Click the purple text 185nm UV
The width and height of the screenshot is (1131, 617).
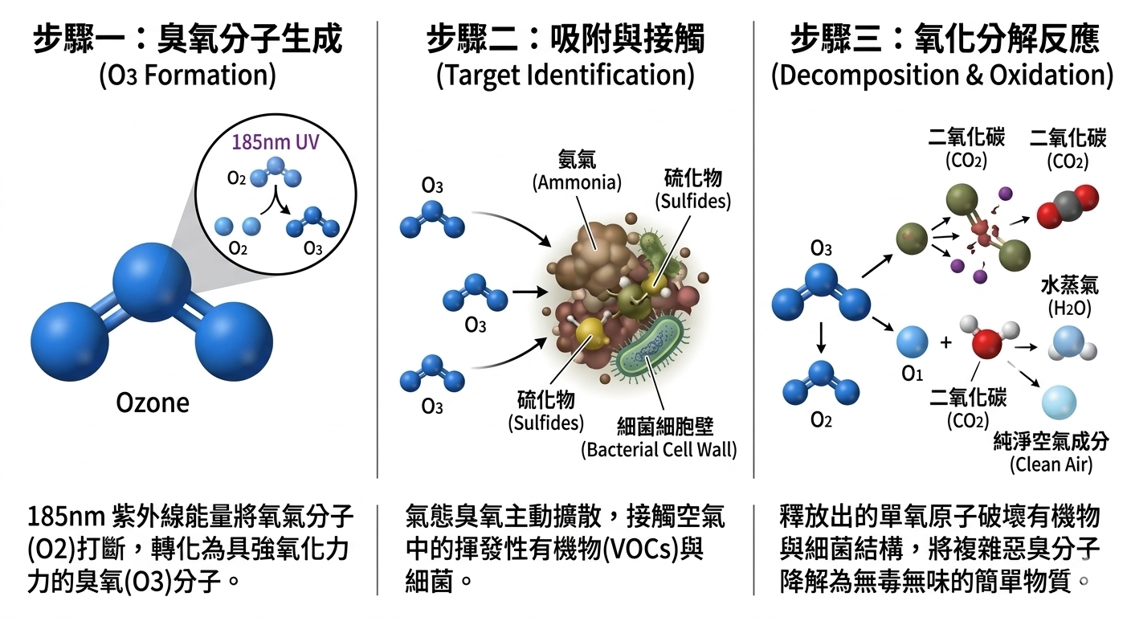tap(276, 142)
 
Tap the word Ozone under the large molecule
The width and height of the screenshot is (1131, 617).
tap(153, 403)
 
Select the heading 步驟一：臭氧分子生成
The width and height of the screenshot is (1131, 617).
tap(188, 39)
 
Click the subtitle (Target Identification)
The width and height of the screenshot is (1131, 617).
tap(565, 76)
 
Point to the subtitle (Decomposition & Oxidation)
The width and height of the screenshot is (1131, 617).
tap(942, 76)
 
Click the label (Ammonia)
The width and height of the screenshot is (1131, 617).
tap(577, 182)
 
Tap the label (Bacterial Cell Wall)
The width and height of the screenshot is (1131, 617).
tap(659, 449)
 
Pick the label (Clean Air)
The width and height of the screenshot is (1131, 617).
tap(1051, 464)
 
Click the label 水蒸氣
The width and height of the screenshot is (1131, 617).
tap(1069, 285)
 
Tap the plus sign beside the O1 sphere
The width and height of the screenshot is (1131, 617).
tap(945, 343)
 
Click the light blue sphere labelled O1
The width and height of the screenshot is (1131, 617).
tap(912, 341)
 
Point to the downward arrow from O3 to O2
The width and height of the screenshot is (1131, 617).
tap(822, 337)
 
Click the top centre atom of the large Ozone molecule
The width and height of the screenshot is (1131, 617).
tap(152, 282)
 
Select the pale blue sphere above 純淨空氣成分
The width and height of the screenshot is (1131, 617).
tap(1059, 402)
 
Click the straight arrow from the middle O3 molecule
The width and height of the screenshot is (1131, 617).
tap(529, 292)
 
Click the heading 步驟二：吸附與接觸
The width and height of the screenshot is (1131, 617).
tap(565, 39)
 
